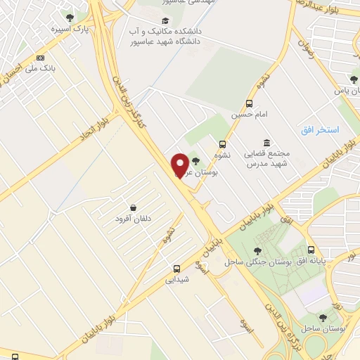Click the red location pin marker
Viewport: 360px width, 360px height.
[180, 165]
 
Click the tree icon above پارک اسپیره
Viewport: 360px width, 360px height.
[69, 18]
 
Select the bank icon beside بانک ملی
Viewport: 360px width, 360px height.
[41, 58]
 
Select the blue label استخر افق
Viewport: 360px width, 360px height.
[320, 130]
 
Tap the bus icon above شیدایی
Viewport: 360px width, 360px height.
[176, 269]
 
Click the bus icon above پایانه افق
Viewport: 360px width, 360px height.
[311, 250]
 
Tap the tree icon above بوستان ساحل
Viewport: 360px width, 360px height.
[323, 318]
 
